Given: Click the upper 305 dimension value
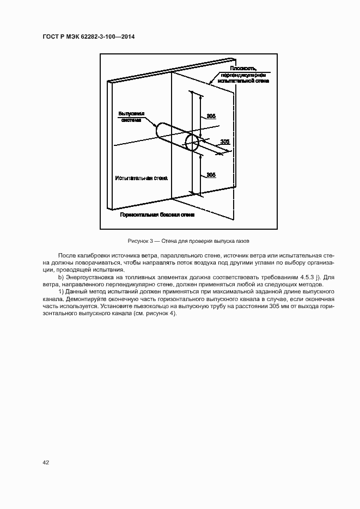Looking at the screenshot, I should pyautogui.click(x=211, y=116).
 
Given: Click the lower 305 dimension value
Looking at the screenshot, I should pyautogui.click(x=211, y=174).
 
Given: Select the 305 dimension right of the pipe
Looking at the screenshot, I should pyautogui.click(x=224, y=142).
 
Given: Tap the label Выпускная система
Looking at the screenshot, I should pyautogui.click(x=132, y=117).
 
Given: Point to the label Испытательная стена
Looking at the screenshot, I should pyautogui.click(x=142, y=178).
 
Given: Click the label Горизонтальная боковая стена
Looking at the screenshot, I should pyautogui.click(x=157, y=216).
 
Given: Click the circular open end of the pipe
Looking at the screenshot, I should pyautogui.click(x=192, y=143).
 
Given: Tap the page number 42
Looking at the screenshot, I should pyautogui.click(x=46, y=463).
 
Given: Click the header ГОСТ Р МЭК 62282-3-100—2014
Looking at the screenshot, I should pyautogui.click(x=89, y=36).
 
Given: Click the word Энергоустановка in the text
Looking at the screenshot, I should pyautogui.click(x=88, y=277).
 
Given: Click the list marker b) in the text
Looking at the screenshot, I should pyautogui.click(x=59, y=277).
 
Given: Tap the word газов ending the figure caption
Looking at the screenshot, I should pyautogui.click(x=242, y=241).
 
